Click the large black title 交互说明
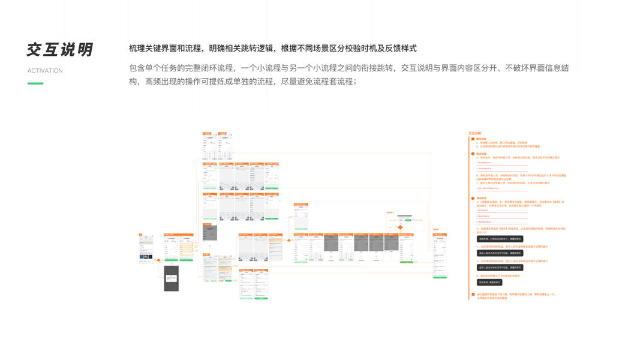click(59, 50)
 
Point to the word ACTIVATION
click(45, 71)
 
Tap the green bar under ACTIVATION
click(35, 83)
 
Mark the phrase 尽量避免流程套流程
click(318, 82)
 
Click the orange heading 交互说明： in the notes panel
click(475, 133)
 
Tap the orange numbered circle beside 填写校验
click(473, 139)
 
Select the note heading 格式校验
click(482, 154)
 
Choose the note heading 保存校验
click(482, 198)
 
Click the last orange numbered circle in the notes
click(473, 295)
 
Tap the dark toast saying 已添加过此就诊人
click(500, 239)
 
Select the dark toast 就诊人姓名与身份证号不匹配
click(500, 253)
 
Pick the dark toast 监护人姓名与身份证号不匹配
click(500, 268)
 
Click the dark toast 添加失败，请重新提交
click(489, 282)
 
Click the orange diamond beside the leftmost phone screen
click(159, 260)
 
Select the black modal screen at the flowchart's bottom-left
click(172, 278)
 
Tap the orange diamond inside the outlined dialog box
click(400, 227)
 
